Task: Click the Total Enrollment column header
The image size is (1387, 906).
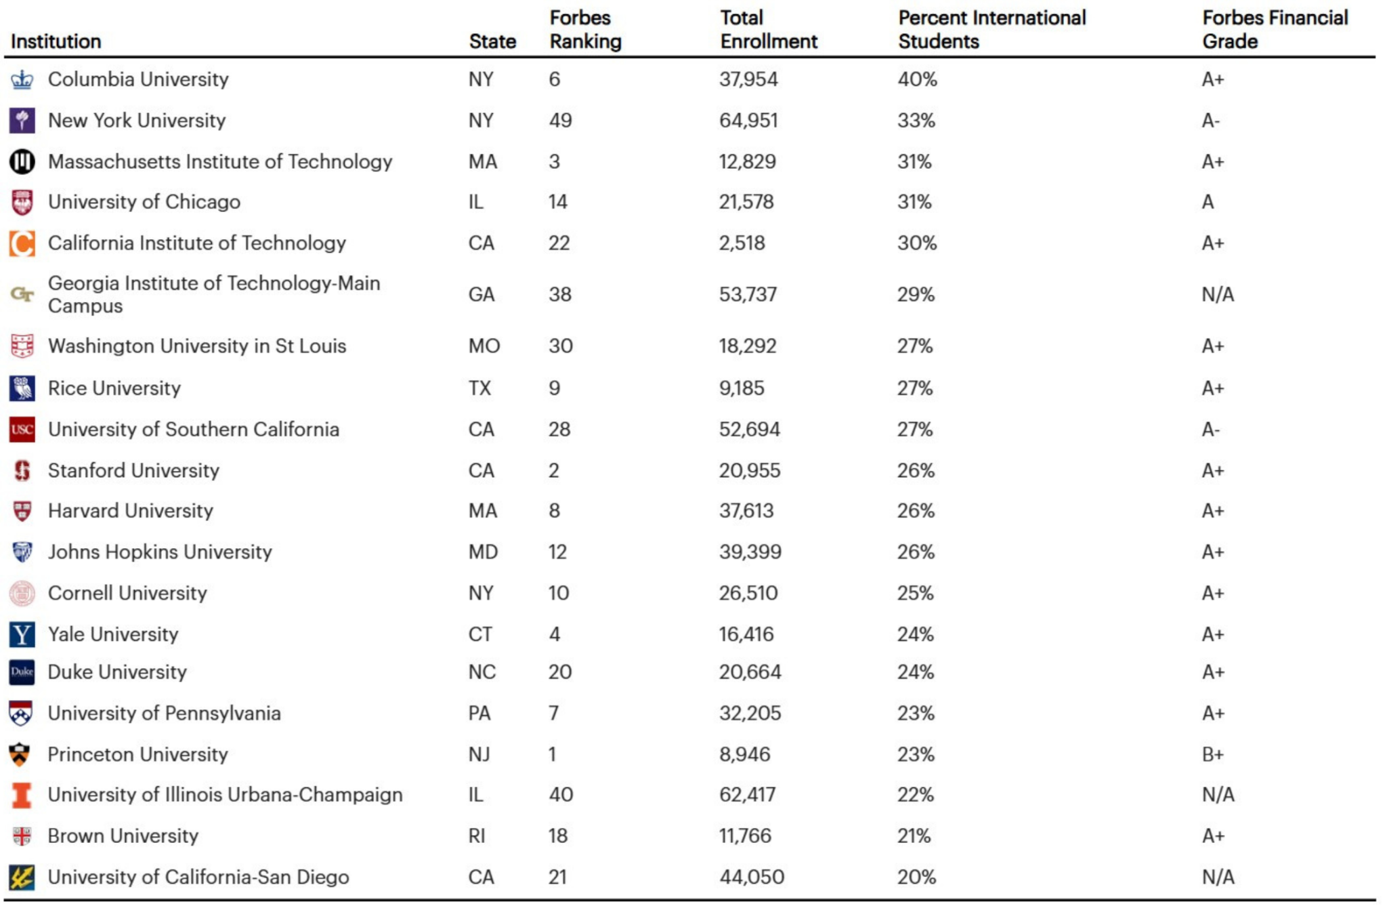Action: pos(769,29)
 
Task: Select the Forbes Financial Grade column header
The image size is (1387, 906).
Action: pos(1275,29)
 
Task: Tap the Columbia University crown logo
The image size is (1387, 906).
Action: pos(22,79)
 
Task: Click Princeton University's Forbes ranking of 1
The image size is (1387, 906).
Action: pos(553,754)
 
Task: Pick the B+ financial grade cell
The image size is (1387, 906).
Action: pos(1213,754)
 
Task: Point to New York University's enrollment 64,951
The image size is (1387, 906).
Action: pos(748,121)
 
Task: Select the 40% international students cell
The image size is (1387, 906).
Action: pos(918,79)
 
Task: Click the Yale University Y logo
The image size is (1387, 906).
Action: pos(22,634)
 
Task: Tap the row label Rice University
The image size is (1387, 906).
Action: pos(114,388)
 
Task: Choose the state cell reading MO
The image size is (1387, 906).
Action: pos(484,346)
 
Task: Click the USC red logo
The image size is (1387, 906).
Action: pos(22,430)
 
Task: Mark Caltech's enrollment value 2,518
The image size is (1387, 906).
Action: pos(742,243)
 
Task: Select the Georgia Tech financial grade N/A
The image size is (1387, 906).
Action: pos(1218,295)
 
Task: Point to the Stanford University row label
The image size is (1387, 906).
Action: pos(134,470)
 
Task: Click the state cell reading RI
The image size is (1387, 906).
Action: pos(477,836)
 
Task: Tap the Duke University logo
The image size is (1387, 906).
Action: pos(22,672)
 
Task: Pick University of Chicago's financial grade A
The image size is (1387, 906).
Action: pos(1208,202)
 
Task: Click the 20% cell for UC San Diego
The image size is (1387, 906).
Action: pos(917,877)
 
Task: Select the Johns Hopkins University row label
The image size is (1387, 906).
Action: pos(161,552)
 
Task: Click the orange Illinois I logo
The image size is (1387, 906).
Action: pos(22,796)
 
